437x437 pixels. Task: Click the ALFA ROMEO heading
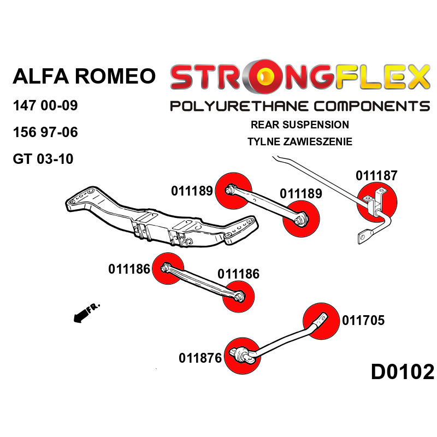(84, 76)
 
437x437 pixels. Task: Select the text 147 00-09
(45, 105)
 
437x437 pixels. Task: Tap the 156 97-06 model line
(45, 133)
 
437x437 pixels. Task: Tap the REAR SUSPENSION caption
(299, 125)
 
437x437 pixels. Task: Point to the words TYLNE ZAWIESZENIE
(299, 142)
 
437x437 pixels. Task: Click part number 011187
(376, 176)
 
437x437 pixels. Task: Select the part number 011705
(363, 321)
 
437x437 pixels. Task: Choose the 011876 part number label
(200, 358)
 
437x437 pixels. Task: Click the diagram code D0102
(403, 373)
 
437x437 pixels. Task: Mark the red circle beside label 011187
(377, 202)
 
